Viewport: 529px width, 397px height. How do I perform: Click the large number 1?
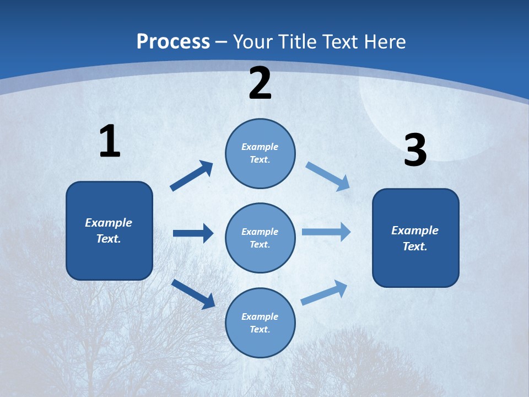pyautogui.click(x=110, y=141)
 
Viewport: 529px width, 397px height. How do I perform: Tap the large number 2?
pyautogui.click(x=260, y=83)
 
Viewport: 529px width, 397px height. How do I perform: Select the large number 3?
pyautogui.click(x=415, y=150)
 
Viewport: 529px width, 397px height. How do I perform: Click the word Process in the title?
pyautogui.click(x=173, y=41)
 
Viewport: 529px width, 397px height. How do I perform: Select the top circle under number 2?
pyautogui.click(x=260, y=153)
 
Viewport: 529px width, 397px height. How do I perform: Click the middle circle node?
pyautogui.click(x=260, y=238)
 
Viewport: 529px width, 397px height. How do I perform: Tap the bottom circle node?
pyautogui.click(x=260, y=323)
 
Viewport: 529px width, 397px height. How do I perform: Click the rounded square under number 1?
pyautogui.click(x=109, y=230)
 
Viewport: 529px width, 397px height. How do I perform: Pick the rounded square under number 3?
pyautogui.click(x=415, y=238)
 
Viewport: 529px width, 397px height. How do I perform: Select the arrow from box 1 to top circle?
pyautogui.click(x=192, y=176)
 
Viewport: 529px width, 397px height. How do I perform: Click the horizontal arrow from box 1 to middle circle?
pyautogui.click(x=193, y=233)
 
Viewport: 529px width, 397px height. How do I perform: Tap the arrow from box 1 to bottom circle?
pyautogui.click(x=193, y=293)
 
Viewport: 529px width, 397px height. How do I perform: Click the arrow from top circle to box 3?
pyautogui.click(x=327, y=176)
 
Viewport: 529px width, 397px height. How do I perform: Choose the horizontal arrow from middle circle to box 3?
pyautogui.click(x=326, y=232)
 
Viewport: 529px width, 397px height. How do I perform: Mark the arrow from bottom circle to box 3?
pyautogui.click(x=324, y=293)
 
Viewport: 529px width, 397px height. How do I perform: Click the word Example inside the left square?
pyautogui.click(x=109, y=223)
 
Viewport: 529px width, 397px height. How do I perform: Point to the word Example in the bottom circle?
pyautogui.click(x=260, y=316)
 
